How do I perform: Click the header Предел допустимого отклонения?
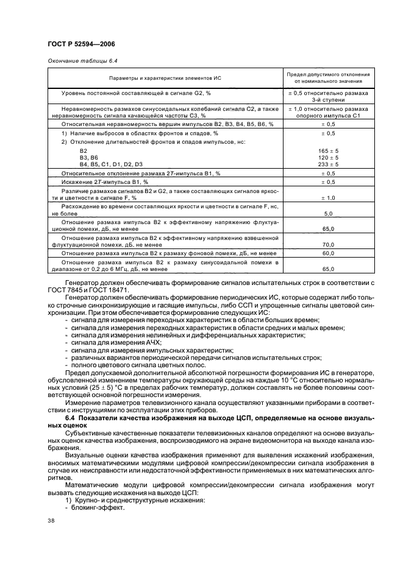pyautogui.click(x=328, y=75)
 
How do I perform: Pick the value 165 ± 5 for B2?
pyautogui.click(x=328, y=150)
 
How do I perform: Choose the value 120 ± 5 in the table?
pyautogui.click(x=328, y=157)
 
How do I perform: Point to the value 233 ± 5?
pyautogui.click(x=328, y=164)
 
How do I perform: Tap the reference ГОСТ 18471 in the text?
pyautogui.click(x=98, y=289)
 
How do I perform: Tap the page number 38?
pyautogui.click(x=51, y=519)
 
